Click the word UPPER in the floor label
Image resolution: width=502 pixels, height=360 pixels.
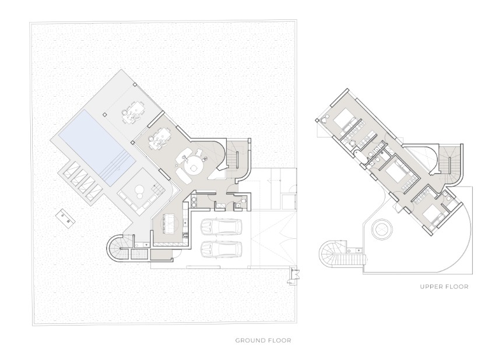(x=431, y=287)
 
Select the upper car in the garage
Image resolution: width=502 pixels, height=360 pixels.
(x=221, y=227)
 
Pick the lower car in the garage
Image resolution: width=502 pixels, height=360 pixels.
(x=221, y=249)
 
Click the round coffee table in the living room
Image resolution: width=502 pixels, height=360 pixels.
(x=194, y=168)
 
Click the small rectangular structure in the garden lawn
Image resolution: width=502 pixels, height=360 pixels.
(x=65, y=219)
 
